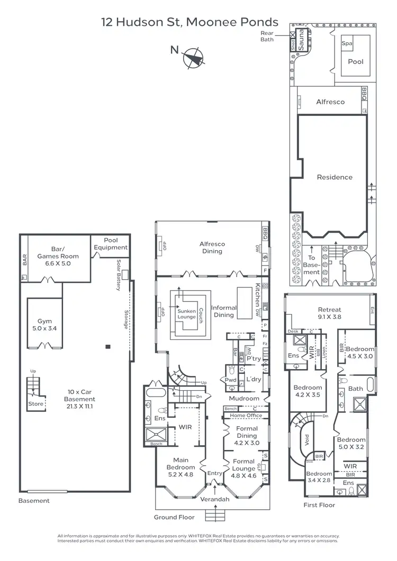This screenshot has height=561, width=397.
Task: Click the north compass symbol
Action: click(x=194, y=58)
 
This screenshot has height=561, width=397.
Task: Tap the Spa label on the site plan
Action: click(x=347, y=43)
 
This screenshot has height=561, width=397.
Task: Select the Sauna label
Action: click(x=301, y=40)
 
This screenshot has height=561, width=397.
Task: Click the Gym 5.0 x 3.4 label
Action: click(x=44, y=325)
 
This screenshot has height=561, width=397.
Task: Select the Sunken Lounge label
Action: click(x=186, y=315)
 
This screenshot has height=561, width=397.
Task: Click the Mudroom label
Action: click(x=244, y=398)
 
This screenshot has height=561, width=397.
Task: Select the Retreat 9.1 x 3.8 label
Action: click(x=329, y=314)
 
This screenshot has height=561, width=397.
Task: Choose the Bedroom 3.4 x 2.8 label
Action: click(x=319, y=477)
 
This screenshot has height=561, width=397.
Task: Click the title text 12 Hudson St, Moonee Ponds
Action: click(x=190, y=22)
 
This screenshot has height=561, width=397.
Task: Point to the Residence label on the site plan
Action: click(x=335, y=177)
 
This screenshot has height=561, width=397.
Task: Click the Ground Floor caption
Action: click(x=174, y=517)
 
